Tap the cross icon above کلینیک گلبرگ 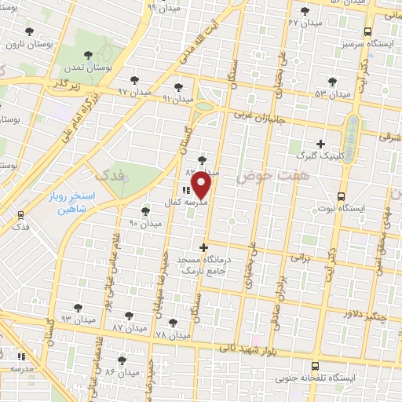point(320,144)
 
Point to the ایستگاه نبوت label point(339,209)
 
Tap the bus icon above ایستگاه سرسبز point(368,33)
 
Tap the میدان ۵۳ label point(332,93)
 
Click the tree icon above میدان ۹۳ point(77,308)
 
